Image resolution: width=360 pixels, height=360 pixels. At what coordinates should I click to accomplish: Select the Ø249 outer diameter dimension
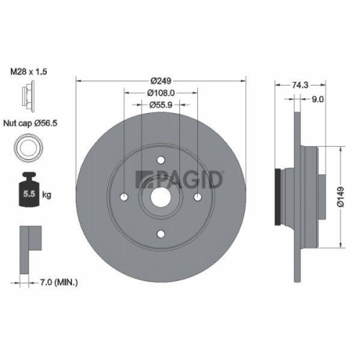tap(161, 80)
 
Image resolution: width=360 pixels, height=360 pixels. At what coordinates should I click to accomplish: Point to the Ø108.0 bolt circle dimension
tap(161, 92)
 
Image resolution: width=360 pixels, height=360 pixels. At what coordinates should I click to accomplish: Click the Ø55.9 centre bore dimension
tap(161, 104)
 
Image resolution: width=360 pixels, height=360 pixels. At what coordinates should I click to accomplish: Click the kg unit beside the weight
tap(48, 194)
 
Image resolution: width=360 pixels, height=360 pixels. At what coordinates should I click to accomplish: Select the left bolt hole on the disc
tap(125, 197)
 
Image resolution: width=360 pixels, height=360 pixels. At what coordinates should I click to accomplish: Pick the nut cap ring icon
tap(26, 149)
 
